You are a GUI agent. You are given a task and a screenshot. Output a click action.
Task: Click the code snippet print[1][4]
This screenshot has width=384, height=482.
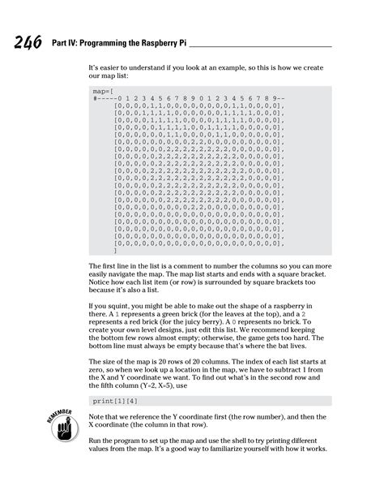coord(115,401)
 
